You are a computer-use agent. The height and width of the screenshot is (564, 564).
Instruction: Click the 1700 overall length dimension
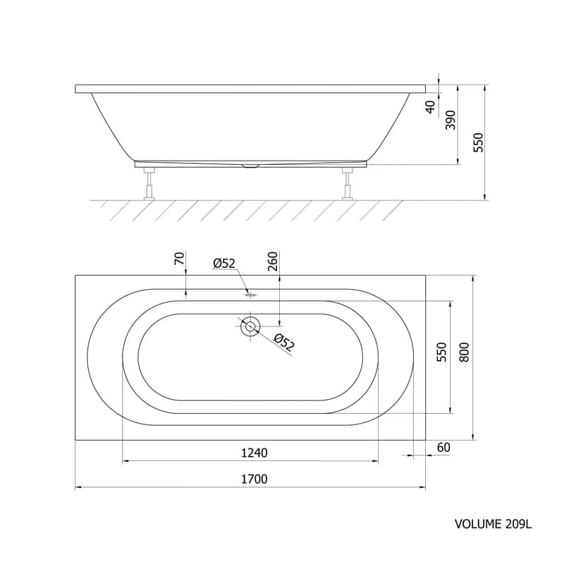point(254,479)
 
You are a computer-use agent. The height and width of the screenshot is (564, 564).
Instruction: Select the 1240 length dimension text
point(254,453)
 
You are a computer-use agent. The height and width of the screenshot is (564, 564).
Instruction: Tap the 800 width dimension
point(465,352)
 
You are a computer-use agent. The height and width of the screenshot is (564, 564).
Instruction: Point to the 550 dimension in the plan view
point(441,352)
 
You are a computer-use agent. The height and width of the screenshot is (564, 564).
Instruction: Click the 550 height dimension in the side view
point(478,142)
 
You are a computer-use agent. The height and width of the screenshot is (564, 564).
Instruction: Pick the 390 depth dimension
point(450,120)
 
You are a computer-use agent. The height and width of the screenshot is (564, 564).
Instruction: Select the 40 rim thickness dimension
point(430,107)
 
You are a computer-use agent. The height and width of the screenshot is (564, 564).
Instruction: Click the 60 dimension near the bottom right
point(443,448)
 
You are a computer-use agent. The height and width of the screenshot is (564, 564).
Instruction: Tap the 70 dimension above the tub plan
point(179,258)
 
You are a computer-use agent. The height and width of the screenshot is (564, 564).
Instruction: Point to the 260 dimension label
point(273,262)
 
